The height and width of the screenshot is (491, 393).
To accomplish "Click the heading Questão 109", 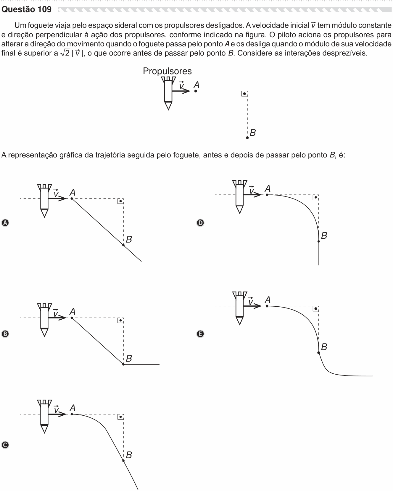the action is coord(27,9).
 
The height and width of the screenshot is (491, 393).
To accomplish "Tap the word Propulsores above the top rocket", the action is coord(167,71).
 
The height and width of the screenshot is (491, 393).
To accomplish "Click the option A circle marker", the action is coord(5,223).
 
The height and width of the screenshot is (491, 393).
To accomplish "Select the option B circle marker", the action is coord(5,334).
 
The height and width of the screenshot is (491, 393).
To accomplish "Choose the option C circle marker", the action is coord(5,445).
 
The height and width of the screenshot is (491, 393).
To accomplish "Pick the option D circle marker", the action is coord(200,223).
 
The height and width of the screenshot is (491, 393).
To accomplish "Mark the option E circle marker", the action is coord(200,334).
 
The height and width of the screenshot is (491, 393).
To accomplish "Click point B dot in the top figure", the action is coord(247,138).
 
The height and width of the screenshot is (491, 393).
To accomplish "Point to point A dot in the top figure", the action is coord(196,91).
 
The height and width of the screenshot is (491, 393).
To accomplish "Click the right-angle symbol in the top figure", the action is coord(244,94).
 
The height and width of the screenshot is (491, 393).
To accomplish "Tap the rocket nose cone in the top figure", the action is coord(168,106).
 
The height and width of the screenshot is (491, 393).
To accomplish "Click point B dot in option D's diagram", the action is coord(319,241).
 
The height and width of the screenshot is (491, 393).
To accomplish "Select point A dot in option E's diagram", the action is coord(267,306).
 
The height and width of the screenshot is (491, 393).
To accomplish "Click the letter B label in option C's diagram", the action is coord(129,455).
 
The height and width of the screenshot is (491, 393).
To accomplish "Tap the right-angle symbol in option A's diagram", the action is coord(120,201).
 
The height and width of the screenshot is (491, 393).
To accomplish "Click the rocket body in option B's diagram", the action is coord(44,318).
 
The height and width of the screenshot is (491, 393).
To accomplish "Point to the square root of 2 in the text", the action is coord(65,53).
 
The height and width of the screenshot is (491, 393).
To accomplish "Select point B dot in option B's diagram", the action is coord(123,364).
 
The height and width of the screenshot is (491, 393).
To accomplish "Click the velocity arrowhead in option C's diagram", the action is coord(63,414).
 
